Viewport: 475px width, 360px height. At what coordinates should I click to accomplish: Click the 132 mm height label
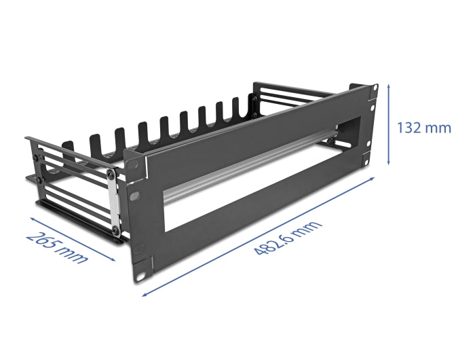425,128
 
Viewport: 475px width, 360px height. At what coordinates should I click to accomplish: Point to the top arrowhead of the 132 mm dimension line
388,86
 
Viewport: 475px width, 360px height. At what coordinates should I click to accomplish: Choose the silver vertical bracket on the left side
115,197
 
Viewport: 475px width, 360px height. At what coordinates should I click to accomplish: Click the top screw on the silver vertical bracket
111,176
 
